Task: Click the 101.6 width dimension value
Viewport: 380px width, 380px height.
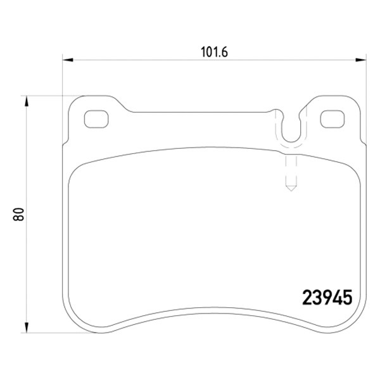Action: (x=214, y=52)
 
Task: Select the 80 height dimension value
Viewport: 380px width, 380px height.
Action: (x=18, y=214)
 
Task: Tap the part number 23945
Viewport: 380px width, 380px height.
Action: (x=327, y=298)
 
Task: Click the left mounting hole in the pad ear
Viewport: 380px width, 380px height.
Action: (x=96, y=119)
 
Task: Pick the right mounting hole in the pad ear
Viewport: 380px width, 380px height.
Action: (x=332, y=119)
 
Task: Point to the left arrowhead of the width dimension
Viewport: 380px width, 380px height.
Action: (x=68, y=60)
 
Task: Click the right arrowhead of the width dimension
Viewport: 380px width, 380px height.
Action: (x=361, y=60)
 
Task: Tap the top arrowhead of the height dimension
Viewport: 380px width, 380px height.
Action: (x=27, y=101)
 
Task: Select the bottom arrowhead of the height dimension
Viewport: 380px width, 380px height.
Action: (x=27, y=327)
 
